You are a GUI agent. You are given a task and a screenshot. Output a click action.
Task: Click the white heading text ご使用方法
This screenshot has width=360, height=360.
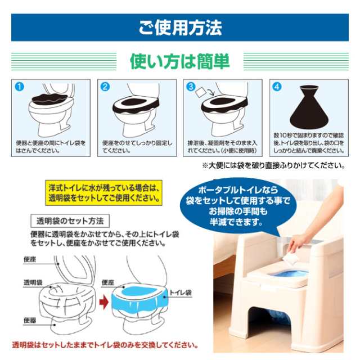coord(180,28)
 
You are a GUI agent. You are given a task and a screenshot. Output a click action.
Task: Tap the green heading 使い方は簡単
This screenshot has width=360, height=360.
coord(180,61)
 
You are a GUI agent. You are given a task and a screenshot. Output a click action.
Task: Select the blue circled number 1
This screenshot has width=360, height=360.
coord(20,87)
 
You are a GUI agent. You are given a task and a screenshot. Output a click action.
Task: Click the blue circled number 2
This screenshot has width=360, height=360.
coord(105,87)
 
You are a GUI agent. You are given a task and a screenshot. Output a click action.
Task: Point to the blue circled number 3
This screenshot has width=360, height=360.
coord(191,87)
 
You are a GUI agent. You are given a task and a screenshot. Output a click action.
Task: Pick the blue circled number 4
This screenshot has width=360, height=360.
coord(277,87)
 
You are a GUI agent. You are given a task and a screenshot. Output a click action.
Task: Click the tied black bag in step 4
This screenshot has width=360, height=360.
coord(309,107)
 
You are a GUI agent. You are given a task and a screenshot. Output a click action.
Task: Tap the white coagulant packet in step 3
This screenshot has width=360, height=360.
coord(200,92)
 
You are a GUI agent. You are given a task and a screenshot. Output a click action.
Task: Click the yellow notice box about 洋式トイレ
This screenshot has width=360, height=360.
coord(103,193)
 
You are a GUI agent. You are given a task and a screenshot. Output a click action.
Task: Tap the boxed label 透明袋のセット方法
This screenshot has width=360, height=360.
coord(70,221)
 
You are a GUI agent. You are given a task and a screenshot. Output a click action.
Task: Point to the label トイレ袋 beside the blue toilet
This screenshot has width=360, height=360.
coord(181,292)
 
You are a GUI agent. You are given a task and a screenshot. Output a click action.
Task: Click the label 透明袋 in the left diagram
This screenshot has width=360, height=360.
coord(33,282)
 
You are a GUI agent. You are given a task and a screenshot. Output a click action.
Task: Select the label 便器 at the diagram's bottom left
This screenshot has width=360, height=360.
coord(30,320)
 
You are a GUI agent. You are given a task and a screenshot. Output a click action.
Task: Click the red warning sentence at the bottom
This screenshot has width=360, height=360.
coord(105,345)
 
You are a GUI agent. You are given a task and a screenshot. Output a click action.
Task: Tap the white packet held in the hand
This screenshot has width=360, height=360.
coord(291,259)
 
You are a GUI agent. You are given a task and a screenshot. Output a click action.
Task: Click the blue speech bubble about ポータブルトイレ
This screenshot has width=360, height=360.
coord(238,205)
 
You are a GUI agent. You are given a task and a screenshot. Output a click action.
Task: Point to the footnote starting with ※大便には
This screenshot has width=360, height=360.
coord(273,165)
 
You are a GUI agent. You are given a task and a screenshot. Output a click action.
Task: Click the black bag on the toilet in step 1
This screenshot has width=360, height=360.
coord(50,100)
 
